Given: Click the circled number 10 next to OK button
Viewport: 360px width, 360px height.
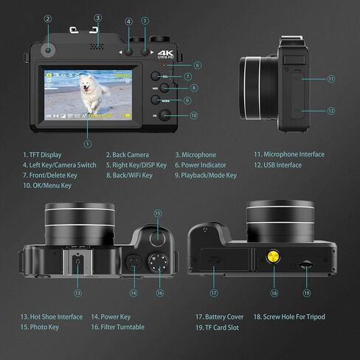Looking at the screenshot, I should click(194, 115).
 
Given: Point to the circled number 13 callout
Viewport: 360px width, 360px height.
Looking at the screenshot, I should click(77, 293).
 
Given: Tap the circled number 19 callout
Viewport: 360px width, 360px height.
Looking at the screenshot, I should click(307, 293).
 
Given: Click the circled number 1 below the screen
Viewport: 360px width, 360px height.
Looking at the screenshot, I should click(88, 143).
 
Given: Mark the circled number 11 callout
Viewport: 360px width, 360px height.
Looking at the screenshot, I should click(330, 78).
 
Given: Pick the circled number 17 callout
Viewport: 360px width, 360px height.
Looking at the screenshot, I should click(213, 293).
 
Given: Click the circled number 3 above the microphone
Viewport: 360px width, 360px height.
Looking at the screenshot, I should click(97, 17).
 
